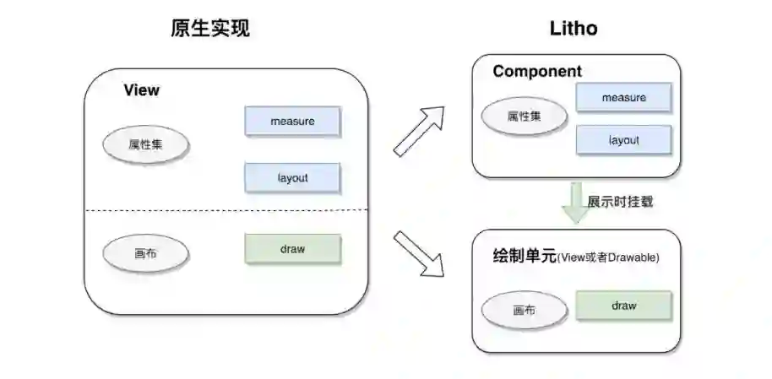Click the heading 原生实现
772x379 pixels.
[210, 28]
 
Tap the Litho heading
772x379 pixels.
[574, 28]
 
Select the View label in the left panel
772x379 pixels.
[141, 90]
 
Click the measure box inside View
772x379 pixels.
[292, 122]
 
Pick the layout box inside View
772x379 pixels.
[292, 178]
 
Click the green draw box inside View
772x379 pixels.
[292, 249]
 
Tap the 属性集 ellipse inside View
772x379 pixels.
[145, 144]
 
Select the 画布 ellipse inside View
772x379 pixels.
[145, 252]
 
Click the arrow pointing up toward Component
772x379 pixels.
[420, 130]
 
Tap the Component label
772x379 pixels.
[537, 72]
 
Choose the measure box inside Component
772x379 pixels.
[623, 98]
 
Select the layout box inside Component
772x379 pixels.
[623, 140]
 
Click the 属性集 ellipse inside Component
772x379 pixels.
[524, 116]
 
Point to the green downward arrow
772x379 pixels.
[576, 203]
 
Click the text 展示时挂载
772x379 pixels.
[621, 203]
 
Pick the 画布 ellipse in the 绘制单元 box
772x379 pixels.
[524, 310]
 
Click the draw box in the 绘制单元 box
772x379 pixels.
[623, 306]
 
